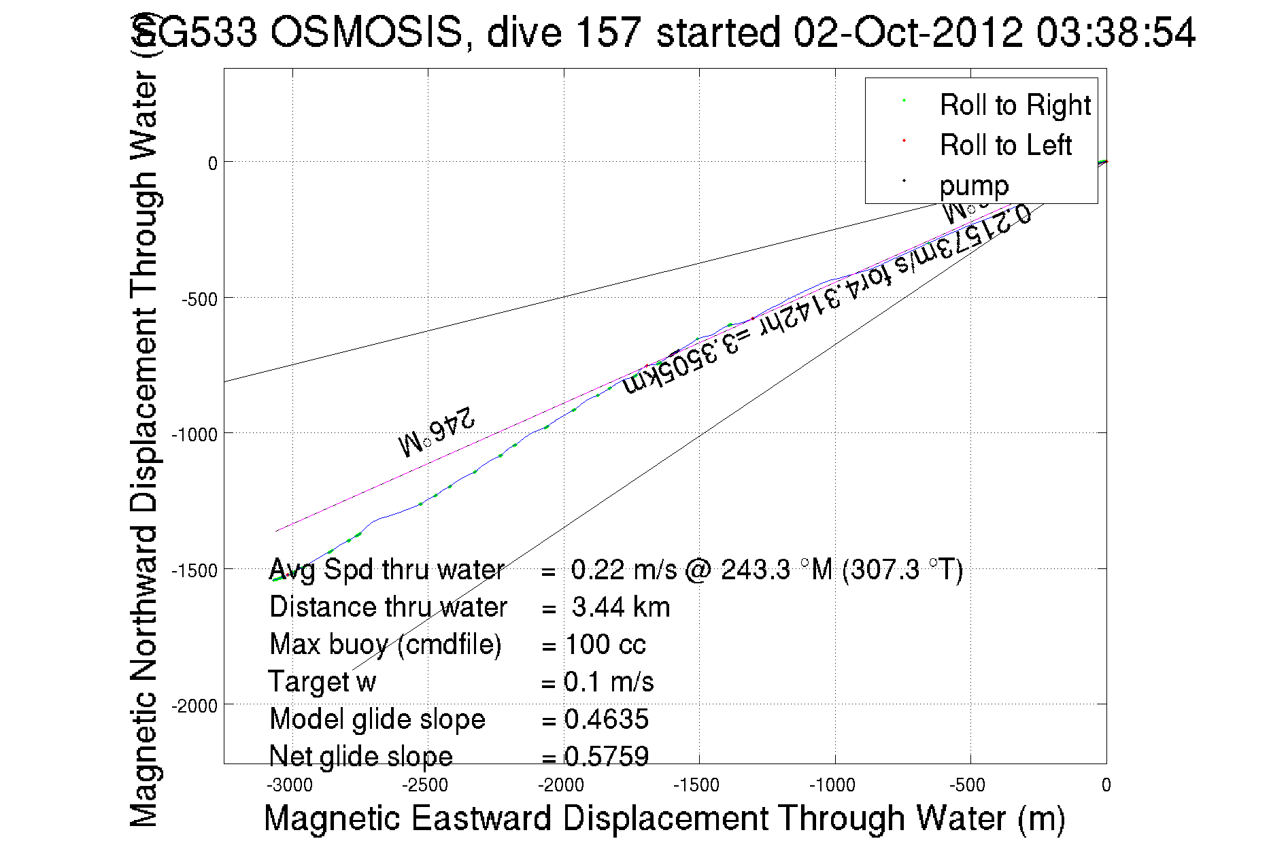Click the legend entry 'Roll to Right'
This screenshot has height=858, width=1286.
click(1015, 105)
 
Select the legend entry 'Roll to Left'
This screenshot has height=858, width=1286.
click(1005, 145)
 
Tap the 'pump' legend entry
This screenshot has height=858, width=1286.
click(974, 186)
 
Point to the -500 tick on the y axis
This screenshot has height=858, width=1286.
click(199, 299)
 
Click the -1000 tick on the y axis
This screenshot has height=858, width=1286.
click(194, 434)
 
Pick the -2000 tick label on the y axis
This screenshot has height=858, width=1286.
click(194, 706)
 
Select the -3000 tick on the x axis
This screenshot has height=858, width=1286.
click(290, 785)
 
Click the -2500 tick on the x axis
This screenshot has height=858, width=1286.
click(425, 785)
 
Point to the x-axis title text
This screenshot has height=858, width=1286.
click(664, 818)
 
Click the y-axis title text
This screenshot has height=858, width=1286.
click(143, 422)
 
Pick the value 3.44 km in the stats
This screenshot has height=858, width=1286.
click(621, 607)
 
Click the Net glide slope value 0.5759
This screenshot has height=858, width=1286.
click(607, 756)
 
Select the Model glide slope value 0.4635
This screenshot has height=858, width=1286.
click(607, 719)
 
